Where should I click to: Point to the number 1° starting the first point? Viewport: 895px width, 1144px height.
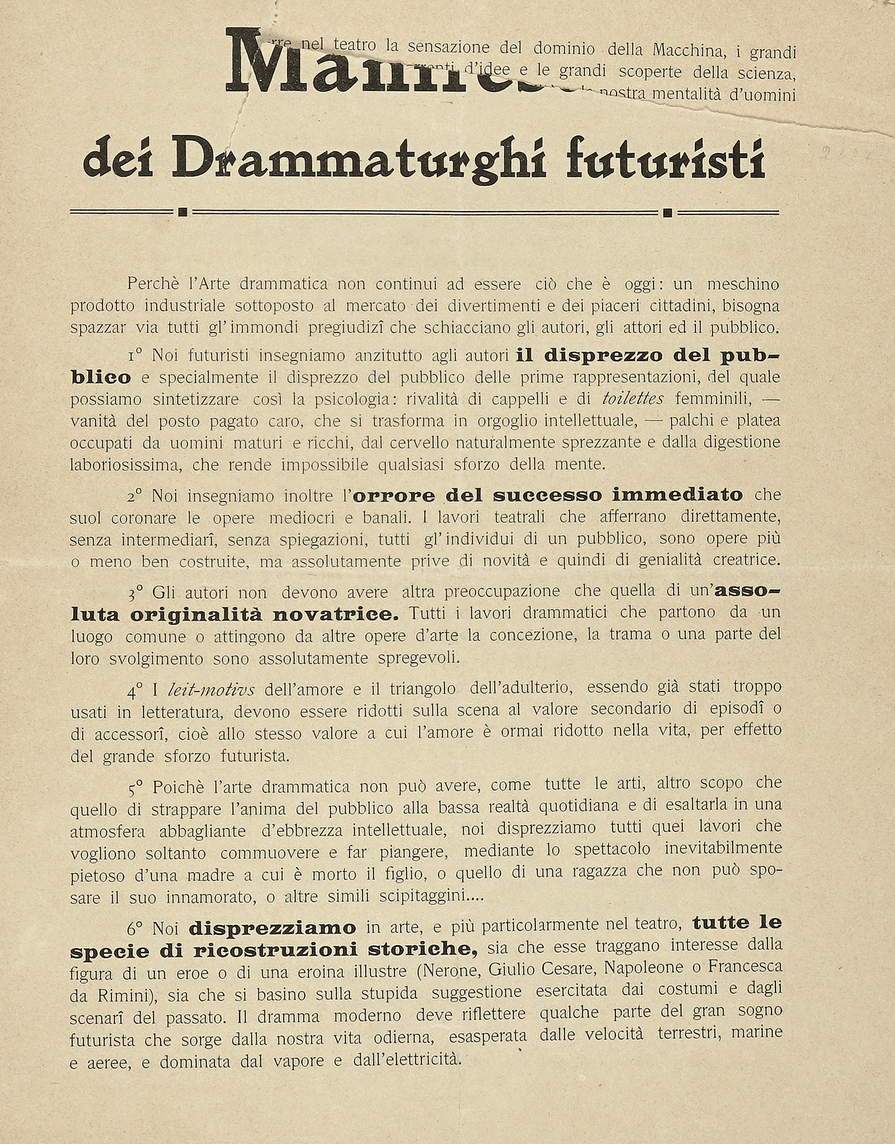tap(136, 356)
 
